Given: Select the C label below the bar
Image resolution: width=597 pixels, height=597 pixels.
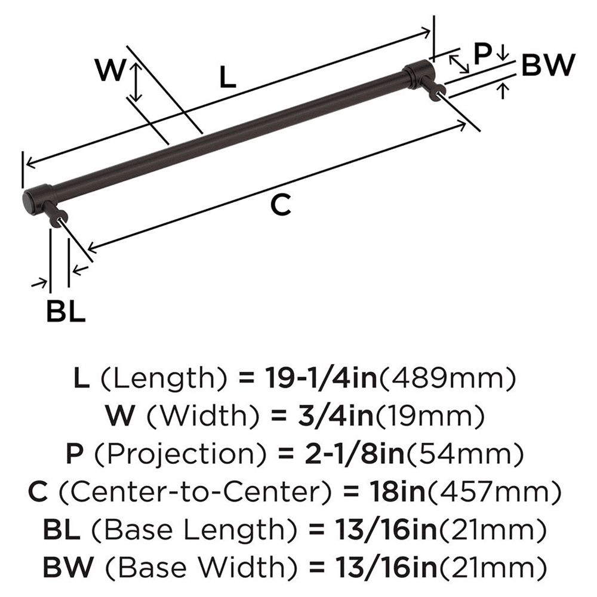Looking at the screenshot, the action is pyautogui.click(x=281, y=205).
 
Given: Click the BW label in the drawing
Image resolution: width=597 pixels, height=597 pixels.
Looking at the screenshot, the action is pyautogui.click(x=547, y=65).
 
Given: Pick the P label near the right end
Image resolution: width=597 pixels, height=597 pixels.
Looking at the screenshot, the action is pyautogui.click(x=482, y=55).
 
